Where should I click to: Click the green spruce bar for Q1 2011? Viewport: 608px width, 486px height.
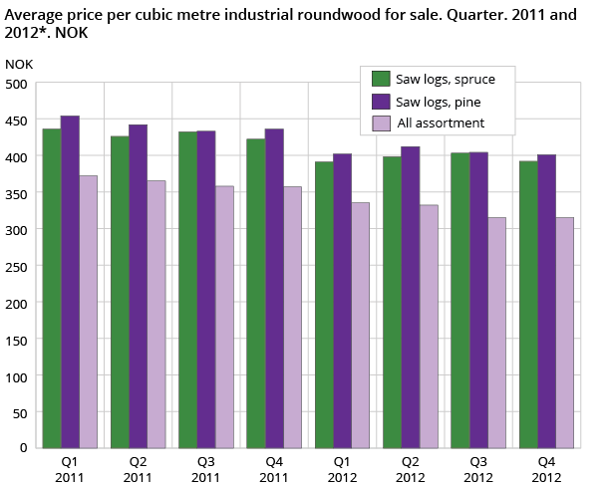51,288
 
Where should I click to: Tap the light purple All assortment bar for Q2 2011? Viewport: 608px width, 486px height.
155,314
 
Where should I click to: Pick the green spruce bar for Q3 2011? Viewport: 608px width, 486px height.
187,289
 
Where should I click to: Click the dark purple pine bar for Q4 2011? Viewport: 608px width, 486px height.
274,288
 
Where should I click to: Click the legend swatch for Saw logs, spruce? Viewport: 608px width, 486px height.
381,79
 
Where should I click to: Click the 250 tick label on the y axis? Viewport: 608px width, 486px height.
16,266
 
